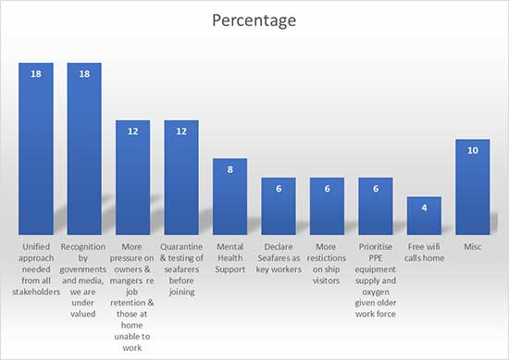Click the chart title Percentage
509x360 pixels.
254,19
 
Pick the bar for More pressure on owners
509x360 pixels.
132,180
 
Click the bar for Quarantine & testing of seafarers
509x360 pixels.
181,180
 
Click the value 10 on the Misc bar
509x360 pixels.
472,150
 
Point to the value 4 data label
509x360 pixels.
424,207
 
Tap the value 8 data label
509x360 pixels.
230,169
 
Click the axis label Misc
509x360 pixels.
472,247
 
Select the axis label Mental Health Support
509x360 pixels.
230,258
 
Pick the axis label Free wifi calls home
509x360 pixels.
424,253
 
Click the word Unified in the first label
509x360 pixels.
36,247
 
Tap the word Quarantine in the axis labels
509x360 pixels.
181,247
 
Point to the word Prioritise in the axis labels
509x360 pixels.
375,247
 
